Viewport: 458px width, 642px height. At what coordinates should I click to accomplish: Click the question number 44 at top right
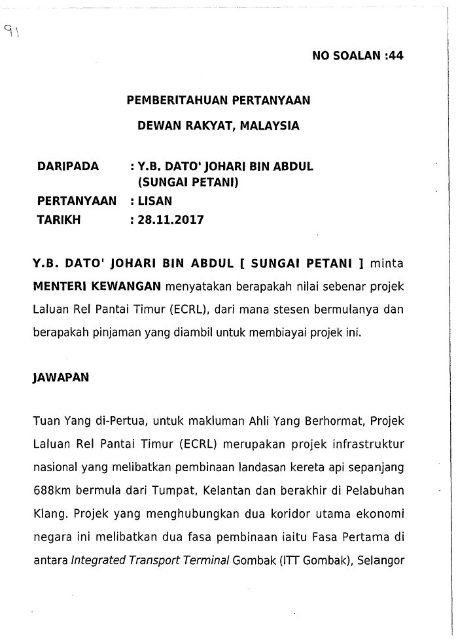(395, 56)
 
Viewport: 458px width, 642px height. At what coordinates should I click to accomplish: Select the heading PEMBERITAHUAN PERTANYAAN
(218, 101)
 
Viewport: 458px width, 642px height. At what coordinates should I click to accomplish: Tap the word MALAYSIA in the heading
(270, 126)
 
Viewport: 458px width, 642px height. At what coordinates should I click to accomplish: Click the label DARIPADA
(68, 166)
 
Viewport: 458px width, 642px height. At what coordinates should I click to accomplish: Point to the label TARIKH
(59, 220)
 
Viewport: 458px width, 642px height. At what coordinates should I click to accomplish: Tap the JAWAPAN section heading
(60, 378)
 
